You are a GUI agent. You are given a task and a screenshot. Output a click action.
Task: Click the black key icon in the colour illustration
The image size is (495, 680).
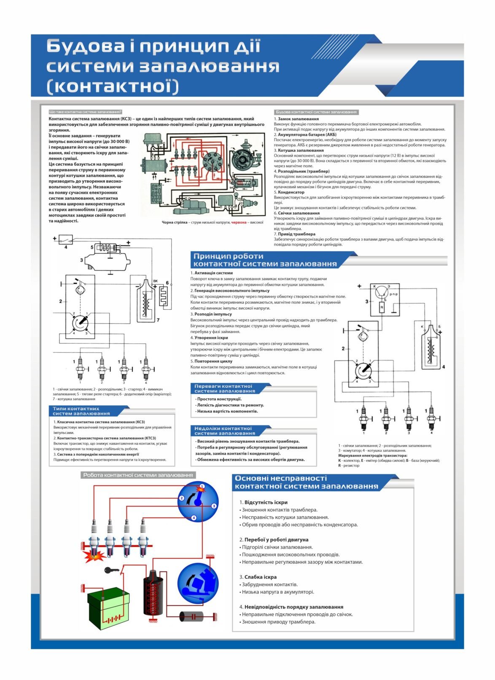111,570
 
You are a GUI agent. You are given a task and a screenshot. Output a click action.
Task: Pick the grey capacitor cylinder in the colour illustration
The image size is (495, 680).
192,616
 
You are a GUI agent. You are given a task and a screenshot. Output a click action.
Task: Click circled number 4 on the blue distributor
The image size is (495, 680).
194,517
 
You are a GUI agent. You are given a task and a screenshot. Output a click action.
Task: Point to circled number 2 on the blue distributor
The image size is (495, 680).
182,498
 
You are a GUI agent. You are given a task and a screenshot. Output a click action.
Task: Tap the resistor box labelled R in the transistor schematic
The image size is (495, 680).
382,307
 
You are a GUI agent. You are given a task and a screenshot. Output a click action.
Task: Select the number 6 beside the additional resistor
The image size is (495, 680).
167,283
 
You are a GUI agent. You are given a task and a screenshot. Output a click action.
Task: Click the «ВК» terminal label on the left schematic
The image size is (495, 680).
155,281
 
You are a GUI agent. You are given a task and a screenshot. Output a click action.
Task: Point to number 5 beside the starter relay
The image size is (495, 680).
92,247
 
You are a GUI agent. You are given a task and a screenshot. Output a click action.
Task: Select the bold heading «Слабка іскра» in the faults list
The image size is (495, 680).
260,577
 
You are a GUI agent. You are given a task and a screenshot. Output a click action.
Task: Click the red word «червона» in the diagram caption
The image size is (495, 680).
239,222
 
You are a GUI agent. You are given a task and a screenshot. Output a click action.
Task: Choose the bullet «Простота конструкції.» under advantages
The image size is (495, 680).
219,399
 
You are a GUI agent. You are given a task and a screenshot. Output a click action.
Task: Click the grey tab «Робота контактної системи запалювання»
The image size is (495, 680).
138,475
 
